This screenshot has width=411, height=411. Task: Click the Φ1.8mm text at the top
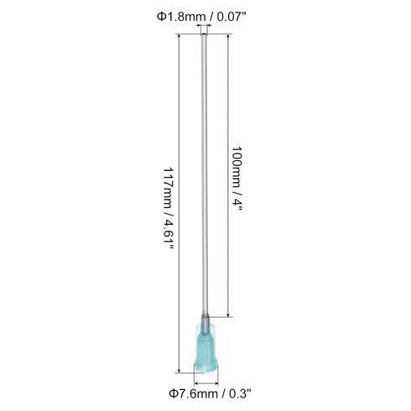click(181, 17)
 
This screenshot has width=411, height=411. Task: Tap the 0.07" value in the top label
click(231, 16)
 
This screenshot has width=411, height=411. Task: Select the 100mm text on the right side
click(236, 167)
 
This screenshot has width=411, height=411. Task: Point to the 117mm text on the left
click(169, 189)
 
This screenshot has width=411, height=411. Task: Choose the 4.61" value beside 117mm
click(169, 235)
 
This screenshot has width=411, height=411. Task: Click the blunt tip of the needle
click(205, 34)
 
